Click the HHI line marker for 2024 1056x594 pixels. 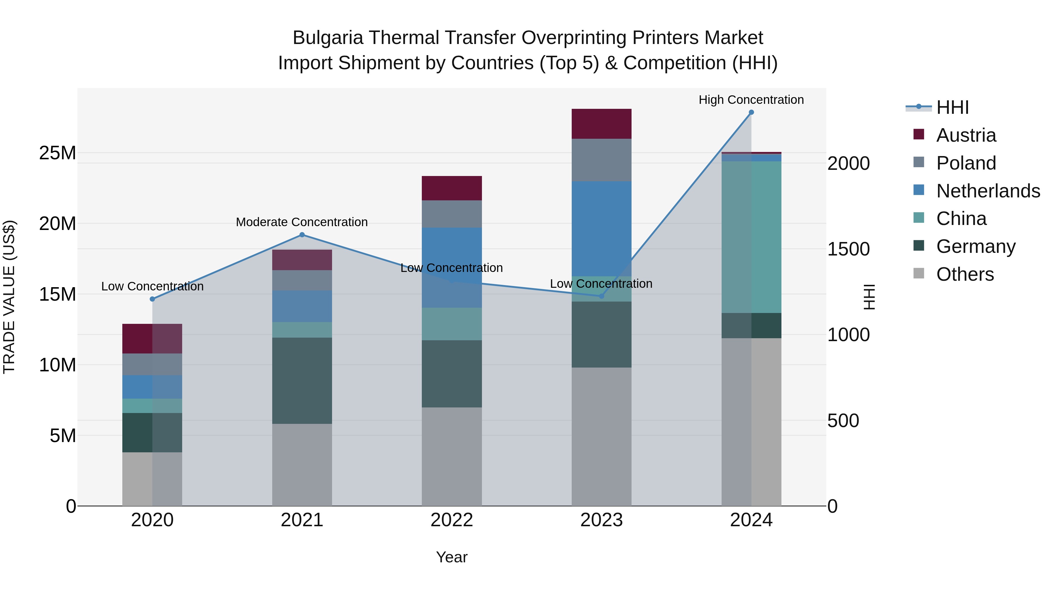click(751, 112)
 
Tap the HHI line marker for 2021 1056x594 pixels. click(302, 235)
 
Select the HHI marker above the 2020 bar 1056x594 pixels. click(153, 299)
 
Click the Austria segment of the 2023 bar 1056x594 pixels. click(601, 124)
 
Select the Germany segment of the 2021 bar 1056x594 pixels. click(302, 380)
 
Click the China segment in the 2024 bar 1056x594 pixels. click(751, 237)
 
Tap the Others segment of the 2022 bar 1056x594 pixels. click(452, 456)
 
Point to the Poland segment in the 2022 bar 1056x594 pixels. click(452, 214)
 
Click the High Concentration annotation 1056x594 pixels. click(751, 100)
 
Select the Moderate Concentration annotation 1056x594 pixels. click(302, 222)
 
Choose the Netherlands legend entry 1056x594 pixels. click(988, 191)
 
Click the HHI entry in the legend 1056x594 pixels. click(952, 107)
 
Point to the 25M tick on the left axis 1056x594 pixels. click(57, 153)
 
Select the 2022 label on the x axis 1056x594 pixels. click(452, 520)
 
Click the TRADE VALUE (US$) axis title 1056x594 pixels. click(9, 297)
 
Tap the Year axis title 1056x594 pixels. click(452, 557)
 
